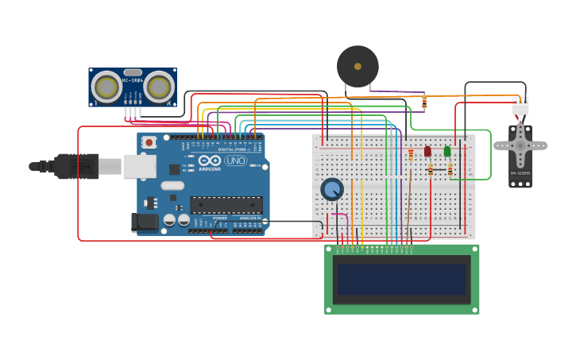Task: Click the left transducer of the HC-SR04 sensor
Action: (106, 87)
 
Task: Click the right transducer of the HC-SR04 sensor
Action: (159, 87)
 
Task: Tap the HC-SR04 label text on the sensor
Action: (133, 80)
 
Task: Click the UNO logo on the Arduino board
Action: (236, 161)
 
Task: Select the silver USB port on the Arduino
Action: (140, 166)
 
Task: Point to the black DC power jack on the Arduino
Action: (145, 222)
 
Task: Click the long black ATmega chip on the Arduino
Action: (226, 205)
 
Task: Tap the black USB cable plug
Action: (75, 167)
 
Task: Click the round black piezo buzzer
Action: (358, 67)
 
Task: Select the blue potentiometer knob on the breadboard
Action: (332, 189)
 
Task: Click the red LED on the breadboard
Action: (427, 151)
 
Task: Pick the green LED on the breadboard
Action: (447, 151)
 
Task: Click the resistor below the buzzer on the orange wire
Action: (424, 102)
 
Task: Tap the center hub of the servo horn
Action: (520, 145)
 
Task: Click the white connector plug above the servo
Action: (520, 106)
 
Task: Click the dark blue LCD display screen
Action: (401, 280)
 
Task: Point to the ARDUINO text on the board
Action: (210, 169)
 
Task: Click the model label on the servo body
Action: (520, 173)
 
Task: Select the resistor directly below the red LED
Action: (431, 170)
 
